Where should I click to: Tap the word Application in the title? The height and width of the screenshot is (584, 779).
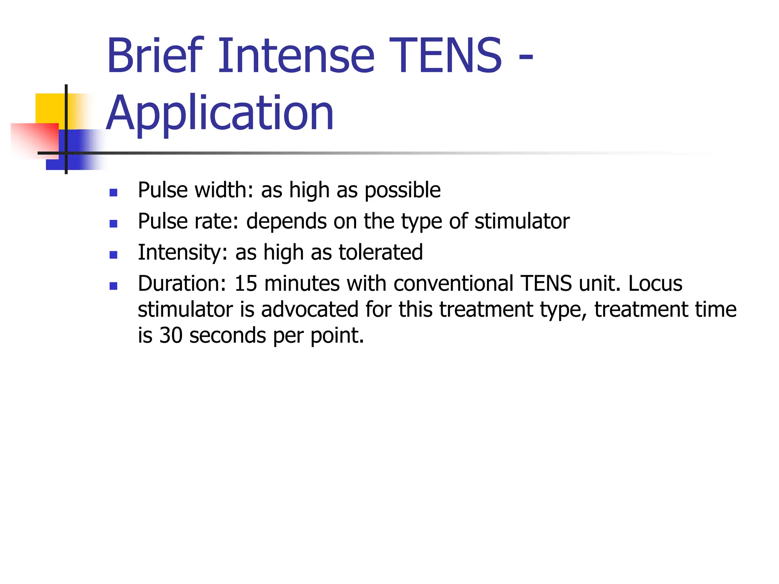tap(220, 113)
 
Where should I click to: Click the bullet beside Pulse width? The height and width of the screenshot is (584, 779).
tap(113, 192)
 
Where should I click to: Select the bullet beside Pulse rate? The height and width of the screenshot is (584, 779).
tap(113, 224)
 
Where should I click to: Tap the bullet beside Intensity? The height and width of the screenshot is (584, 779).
tap(113, 255)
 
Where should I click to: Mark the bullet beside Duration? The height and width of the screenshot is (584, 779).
tap(113, 286)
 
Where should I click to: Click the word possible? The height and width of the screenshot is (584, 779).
tap(402, 190)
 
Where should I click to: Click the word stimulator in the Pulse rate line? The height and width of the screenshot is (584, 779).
tap(522, 221)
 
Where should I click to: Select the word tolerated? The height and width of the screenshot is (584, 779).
tap(380, 252)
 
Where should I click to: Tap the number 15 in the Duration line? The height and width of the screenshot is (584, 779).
tap(246, 284)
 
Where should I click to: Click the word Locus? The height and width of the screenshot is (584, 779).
tap(655, 284)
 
